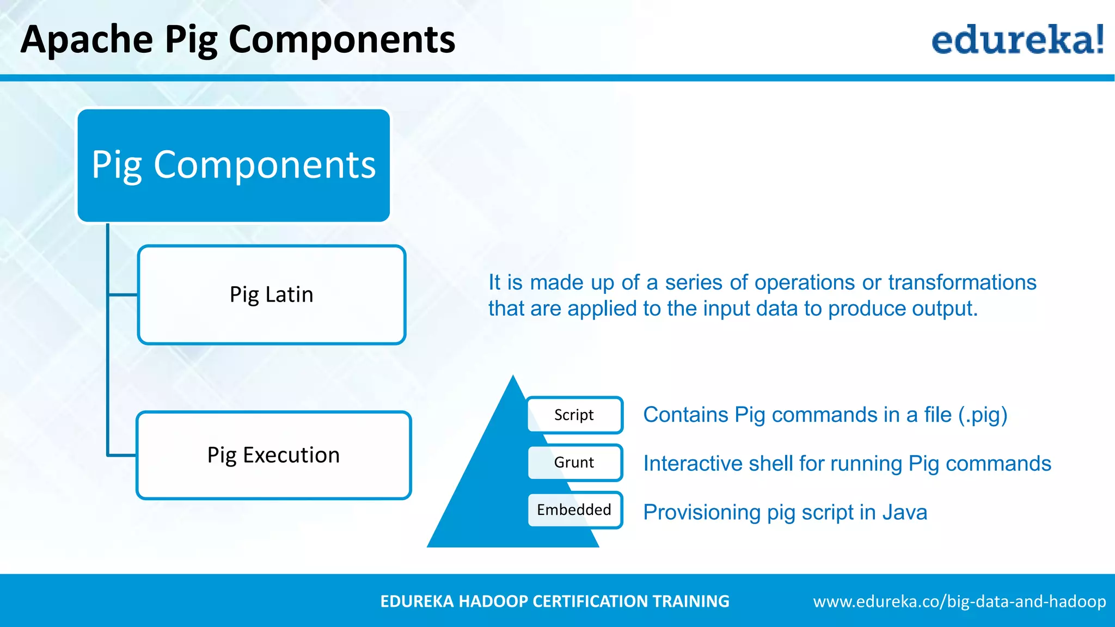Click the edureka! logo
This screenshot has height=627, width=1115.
point(1017,39)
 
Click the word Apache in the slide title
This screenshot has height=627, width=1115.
point(87,40)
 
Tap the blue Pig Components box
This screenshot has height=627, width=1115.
point(234,165)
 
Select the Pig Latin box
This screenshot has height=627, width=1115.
point(272,295)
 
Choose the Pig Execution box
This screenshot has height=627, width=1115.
point(273,455)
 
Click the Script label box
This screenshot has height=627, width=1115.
point(574,415)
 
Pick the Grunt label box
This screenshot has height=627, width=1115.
point(574,463)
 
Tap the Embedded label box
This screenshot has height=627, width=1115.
point(574,510)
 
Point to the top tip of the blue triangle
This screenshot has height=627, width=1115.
point(513,377)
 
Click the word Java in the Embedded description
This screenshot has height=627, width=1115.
point(904,513)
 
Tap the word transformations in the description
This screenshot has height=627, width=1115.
point(962,282)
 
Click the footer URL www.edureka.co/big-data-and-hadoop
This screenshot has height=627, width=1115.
point(959,601)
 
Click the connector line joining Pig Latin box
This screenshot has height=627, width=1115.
point(123,295)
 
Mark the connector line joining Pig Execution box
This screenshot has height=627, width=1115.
point(122,454)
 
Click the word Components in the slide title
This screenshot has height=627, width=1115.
point(341,40)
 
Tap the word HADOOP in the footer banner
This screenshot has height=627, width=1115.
point(494,601)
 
